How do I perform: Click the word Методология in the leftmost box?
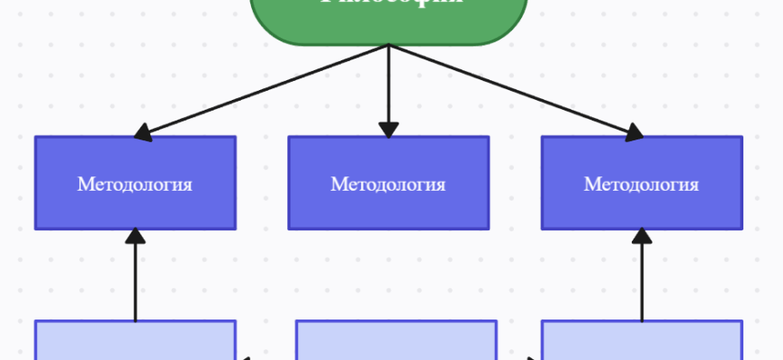[x=135, y=184]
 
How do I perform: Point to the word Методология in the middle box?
[x=388, y=184]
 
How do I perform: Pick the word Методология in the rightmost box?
[x=642, y=184]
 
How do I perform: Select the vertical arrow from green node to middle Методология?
[x=388, y=85]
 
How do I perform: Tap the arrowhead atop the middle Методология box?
[x=388, y=129]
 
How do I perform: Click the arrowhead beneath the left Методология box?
[x=135, y=237]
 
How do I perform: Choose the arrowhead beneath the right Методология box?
[x=642, y=237]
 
